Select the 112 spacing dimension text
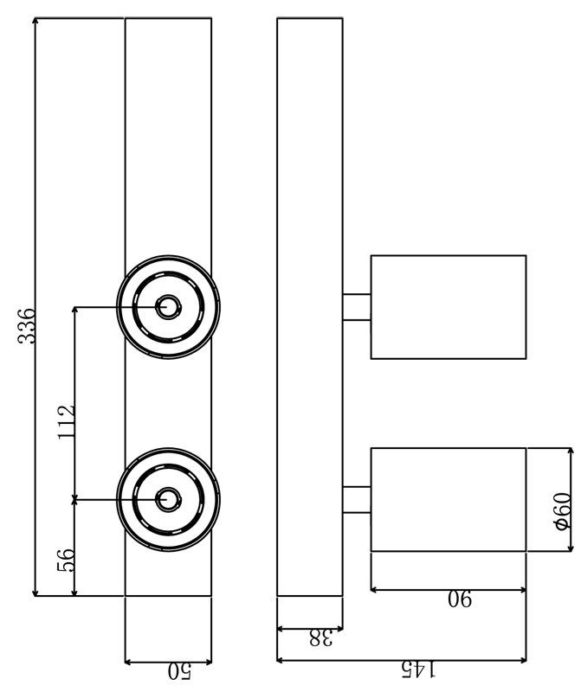(67, 422)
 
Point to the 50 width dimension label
(178, 670)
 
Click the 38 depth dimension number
(321, 638)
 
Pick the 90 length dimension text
(460, 599)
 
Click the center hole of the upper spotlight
(168, 306)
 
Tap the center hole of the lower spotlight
(168, 499)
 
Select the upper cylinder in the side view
(448, 306)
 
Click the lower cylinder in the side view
(448, 499)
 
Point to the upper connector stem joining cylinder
(357, 307)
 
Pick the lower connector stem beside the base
(357, 500)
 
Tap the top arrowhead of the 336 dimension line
(36, 22)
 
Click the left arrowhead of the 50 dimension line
(130, 662)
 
